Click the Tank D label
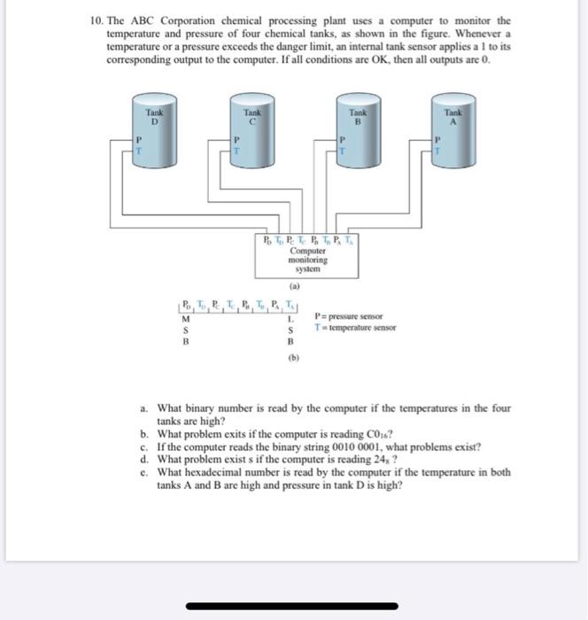coord(155,117)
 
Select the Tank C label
coord(252,117)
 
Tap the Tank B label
coord(358,117)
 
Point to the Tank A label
coord(454,117)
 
